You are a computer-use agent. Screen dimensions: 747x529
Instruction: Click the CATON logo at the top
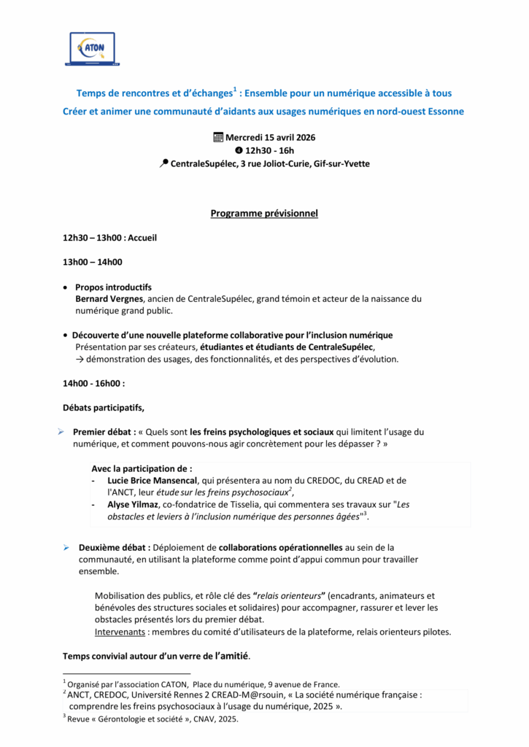92,48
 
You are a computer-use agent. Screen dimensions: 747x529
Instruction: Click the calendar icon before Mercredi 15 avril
217,137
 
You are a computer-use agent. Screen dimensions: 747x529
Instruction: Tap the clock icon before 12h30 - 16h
239,150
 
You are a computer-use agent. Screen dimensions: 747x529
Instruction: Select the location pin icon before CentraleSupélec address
163,164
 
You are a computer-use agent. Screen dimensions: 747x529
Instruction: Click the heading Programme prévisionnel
264,213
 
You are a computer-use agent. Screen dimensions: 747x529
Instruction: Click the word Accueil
142,238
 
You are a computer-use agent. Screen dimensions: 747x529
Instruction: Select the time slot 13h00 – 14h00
93,262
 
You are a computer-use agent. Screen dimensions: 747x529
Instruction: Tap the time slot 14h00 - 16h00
93,382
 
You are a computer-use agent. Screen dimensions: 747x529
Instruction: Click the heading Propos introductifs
113,287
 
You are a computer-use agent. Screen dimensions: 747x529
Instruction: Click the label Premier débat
103,432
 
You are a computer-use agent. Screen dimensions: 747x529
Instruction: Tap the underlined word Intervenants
120,631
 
